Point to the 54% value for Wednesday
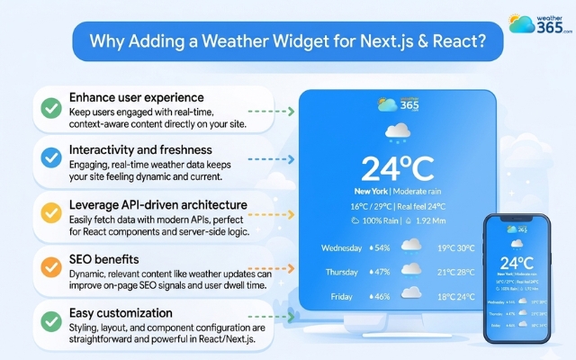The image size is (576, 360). pos(382,247)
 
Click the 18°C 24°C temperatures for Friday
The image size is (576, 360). pos(456,295)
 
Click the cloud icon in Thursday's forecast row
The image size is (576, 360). pos(411,271)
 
